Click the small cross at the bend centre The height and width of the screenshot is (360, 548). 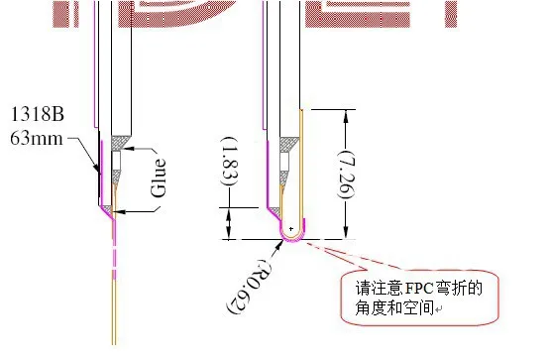[x=290, y=230]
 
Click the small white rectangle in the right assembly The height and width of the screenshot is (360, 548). [x=286, y=159]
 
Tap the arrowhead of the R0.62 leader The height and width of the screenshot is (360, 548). [x=283, y=243]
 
